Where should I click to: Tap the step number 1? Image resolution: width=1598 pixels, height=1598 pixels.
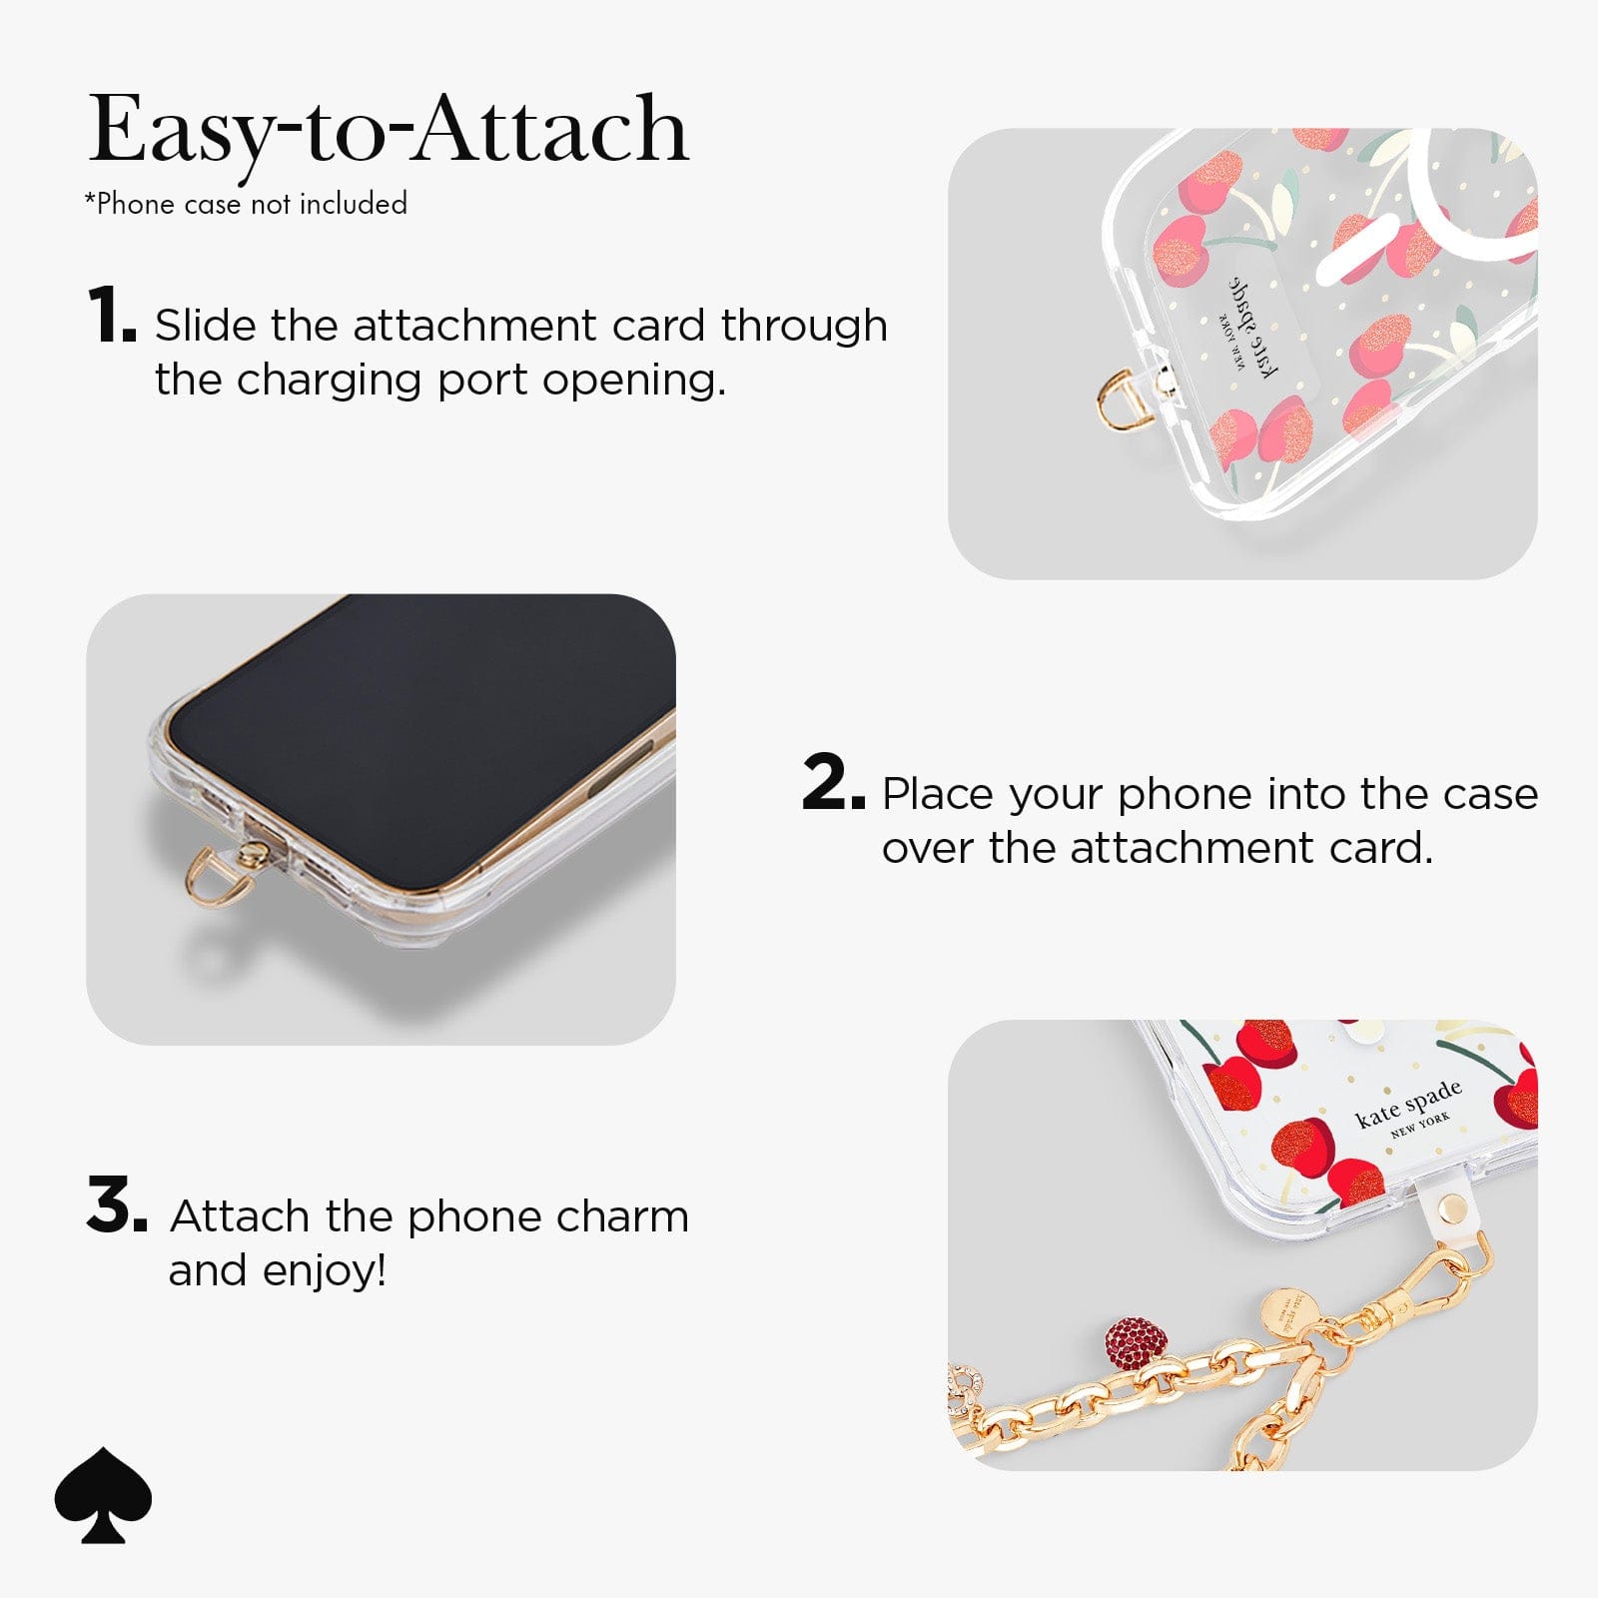[x=110, y=315]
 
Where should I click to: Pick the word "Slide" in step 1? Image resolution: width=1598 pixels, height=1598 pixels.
[x=205, y=326]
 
